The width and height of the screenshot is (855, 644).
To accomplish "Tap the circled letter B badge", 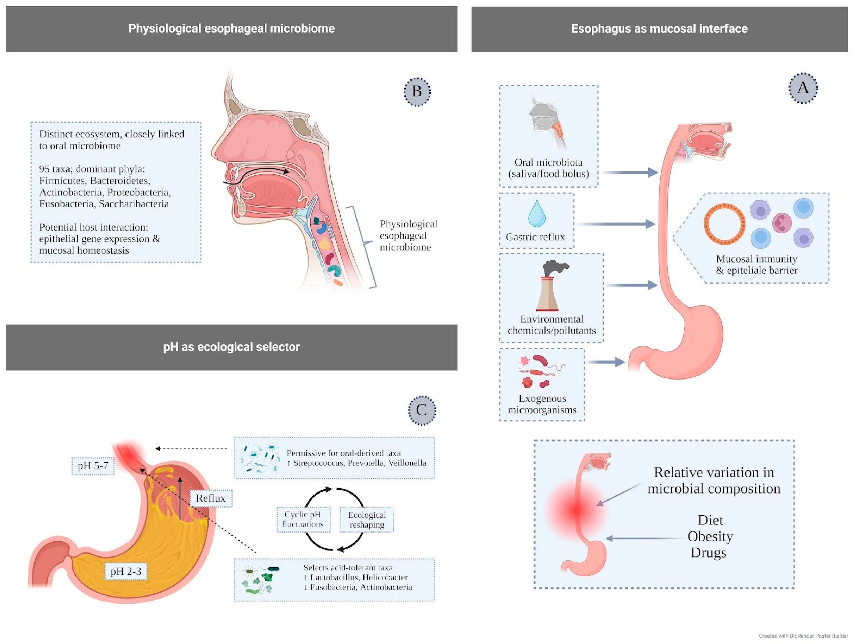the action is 417,92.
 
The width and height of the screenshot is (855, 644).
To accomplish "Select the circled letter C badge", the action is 422,410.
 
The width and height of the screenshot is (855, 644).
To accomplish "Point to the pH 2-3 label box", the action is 126,571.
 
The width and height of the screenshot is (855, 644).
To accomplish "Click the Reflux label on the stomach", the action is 211,498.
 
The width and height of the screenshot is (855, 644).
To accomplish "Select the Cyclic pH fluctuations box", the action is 303,520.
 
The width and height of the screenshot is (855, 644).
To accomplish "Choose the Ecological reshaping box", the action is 367,520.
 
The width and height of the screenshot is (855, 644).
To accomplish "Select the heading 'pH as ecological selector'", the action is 231,347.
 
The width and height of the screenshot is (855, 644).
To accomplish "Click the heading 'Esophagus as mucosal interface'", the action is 659,29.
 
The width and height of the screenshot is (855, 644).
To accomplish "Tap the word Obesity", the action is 710,537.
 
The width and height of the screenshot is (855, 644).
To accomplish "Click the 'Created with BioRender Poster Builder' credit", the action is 803,636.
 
